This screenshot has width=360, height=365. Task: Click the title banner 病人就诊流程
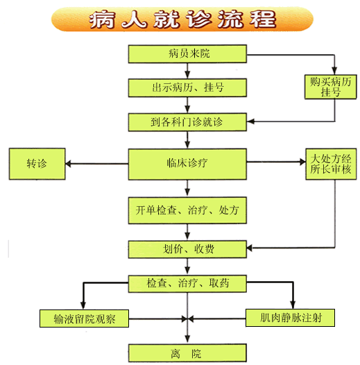(x=182, y=19)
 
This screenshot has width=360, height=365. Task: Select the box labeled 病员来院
(x=187, y=53)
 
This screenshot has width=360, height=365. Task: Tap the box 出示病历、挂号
(x=187, y=87)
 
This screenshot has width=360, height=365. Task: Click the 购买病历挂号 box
(x=331, y=87)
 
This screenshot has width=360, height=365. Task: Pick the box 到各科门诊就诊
(x=187, y=122)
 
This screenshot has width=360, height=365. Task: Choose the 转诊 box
(x=37, y=164)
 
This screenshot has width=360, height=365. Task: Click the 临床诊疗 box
(x=187, y=164)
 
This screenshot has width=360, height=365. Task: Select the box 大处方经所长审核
(x=331, y=164)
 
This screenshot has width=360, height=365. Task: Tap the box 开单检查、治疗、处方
(x=187, y=210)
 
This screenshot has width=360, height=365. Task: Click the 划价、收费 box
(x=187, y=249)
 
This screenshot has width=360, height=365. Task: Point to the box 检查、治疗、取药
(x=187, y=284)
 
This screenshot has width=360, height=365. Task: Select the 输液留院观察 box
(x=84, y=319)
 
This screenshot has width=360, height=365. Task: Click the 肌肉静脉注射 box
(x=290, y=318)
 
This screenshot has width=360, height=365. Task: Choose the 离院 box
(x=187, y=353)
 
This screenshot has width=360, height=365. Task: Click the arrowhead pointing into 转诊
(x=68, y=164)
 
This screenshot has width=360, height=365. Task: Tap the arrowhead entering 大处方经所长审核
(x=302, y=162)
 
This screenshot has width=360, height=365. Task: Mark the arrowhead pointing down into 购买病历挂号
(x=334, y=71)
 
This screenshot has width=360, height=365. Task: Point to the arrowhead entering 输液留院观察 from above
(x=83, y=305)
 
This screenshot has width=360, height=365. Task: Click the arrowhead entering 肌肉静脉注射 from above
(x=293, y=305)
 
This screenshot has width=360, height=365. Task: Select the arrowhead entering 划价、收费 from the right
(x=250, y=248)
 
